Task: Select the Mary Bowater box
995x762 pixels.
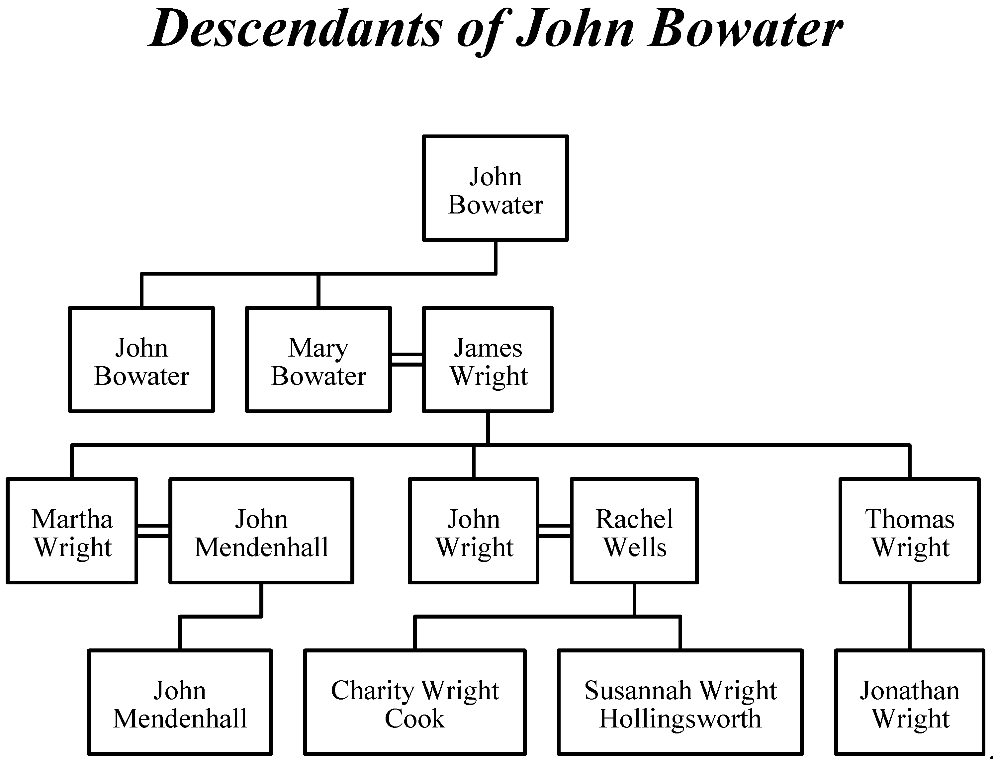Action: pyautogui.click(x=318, y=359)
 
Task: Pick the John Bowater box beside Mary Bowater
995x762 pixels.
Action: pyautogui.click(x=141, y=359)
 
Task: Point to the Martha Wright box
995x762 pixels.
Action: pyautogui.click(x=72, y=531)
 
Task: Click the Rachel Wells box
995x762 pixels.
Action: pyautogui.click(x=634, y=531)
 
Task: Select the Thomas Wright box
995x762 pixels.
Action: pyautogui.click(x=909, y=531)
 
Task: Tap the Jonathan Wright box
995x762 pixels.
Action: pyautogui.click(x=909, y=702)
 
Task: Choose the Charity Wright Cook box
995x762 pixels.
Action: pyautogui.click(x=415, y=702)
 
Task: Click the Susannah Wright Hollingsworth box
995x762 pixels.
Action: pyautogui.click(x=680, y=702)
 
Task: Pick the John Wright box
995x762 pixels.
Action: pyautogui.click(x=473, y=531)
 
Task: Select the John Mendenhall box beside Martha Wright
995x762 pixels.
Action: pyautogui.click(x=261, y=531)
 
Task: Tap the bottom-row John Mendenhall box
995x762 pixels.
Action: pyautogui.click(x=180, y=702)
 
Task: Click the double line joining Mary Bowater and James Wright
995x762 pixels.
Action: pyautogui.click(x=407, y=359)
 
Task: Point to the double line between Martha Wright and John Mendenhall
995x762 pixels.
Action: pyautogui.click(x=153, y=531)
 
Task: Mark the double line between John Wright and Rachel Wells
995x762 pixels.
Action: pyautogui.click(x=554, y=531)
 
